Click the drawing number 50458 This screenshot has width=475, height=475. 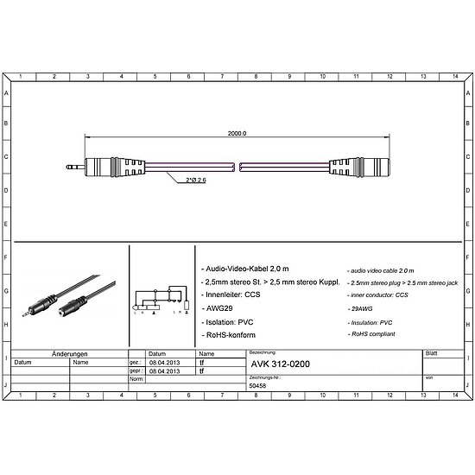[x=258, y=386]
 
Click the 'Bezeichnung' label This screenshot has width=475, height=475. [x=263, y=354]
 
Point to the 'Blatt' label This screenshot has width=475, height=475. [x=431, y=354]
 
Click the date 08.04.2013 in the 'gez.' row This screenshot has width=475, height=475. [x=165, y=363]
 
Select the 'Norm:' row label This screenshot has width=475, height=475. [x=136, y=379]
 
